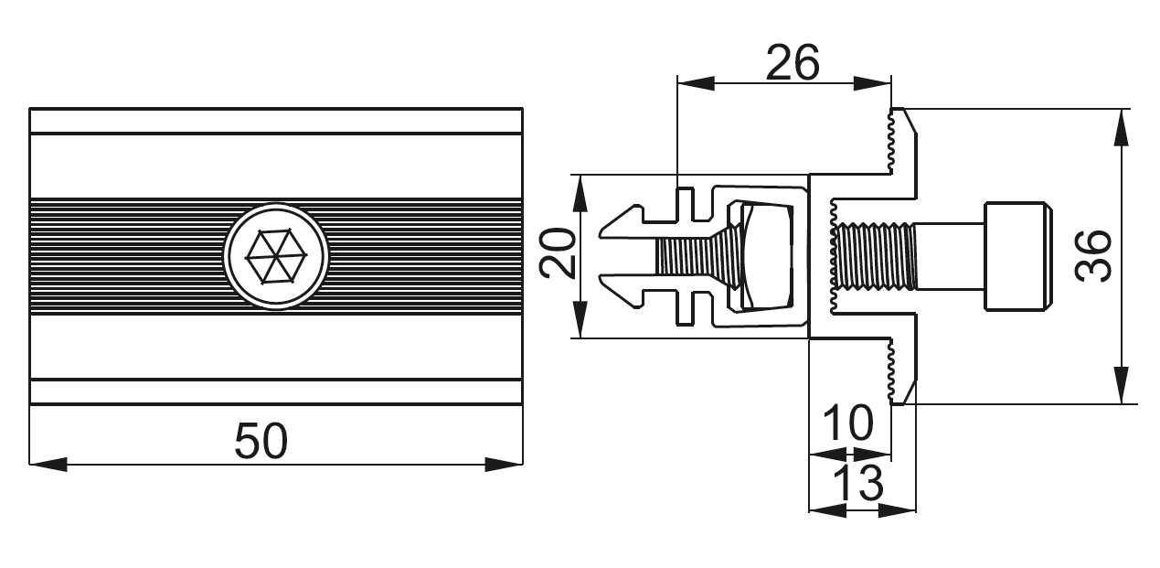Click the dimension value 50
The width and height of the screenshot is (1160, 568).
tap(261, 441)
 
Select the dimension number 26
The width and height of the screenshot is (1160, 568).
tap(793, 62)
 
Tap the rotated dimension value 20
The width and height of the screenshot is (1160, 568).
tap(557, 253)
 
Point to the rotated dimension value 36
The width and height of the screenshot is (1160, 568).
tap(1093, 256)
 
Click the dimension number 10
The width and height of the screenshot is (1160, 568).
tap(847, 423)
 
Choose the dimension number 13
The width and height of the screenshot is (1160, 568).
tap(858, 482)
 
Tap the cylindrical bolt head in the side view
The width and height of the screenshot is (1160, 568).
tap(1016, 256)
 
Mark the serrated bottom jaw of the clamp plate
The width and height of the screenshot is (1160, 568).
tap(901, 371)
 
